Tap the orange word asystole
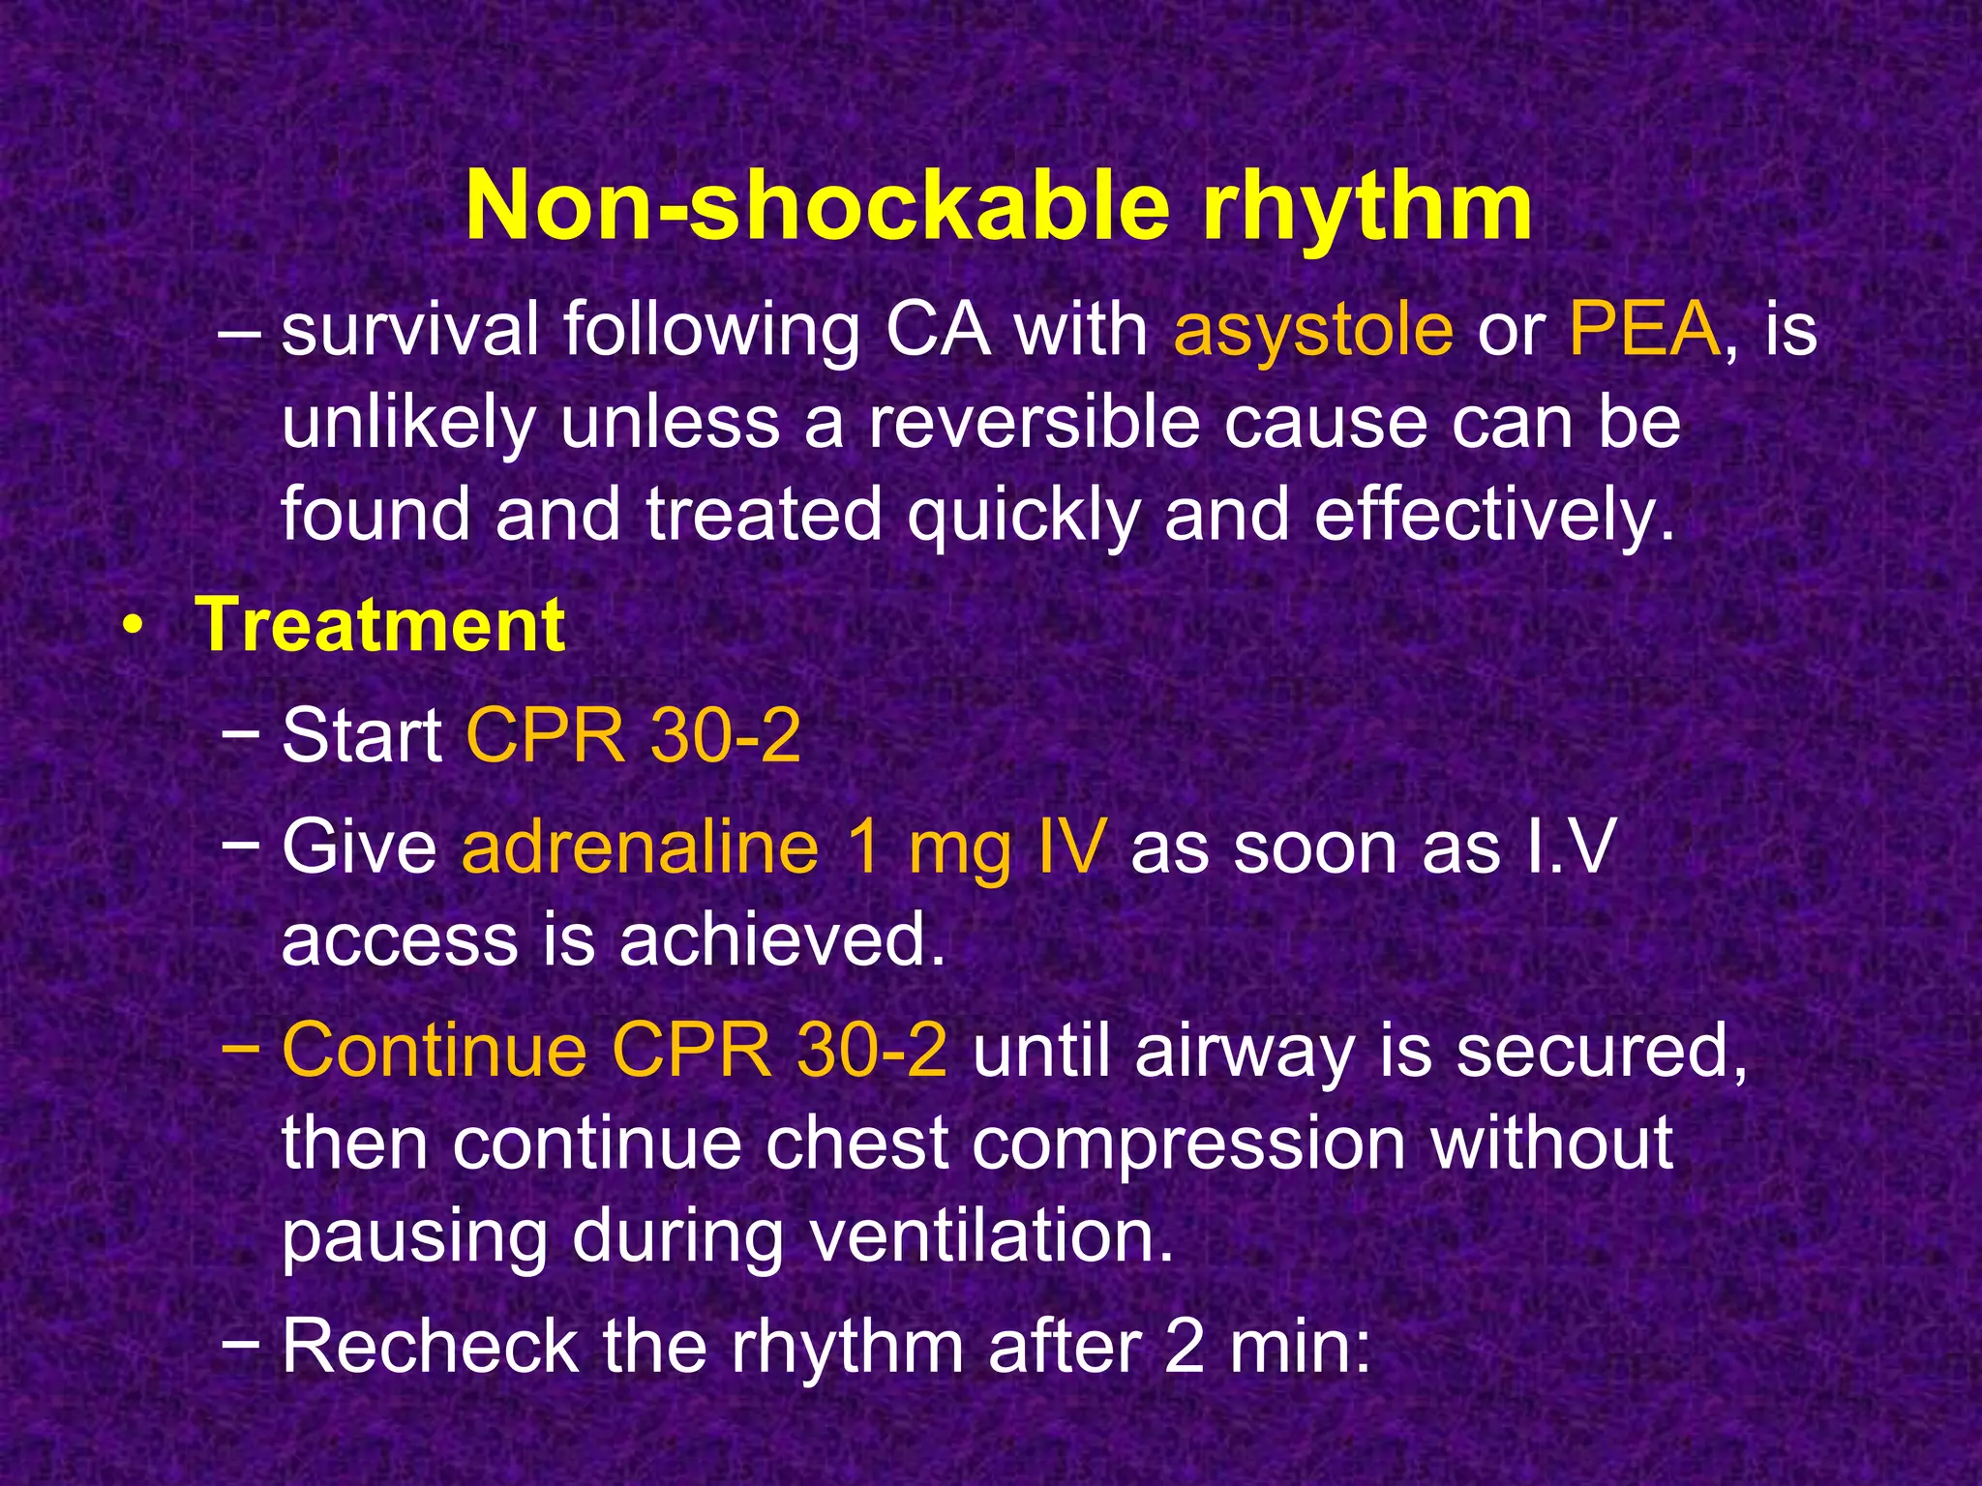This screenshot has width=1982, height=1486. pyautogui.click(x=1312, y=331)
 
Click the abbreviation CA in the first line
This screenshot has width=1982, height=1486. pyautogui.click(x=938, y=331)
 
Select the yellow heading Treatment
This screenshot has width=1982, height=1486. pyautogui.click(x=380, y=626)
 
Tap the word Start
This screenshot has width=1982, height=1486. pyautogui.click(x=361, y=736)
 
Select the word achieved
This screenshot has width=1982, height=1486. pyautogui.click(x=782, y=940)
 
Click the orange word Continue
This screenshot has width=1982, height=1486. pyautogui.click(x=434, y=1051)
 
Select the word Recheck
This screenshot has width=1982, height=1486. pyautogui.click(x=430, y=1347)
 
